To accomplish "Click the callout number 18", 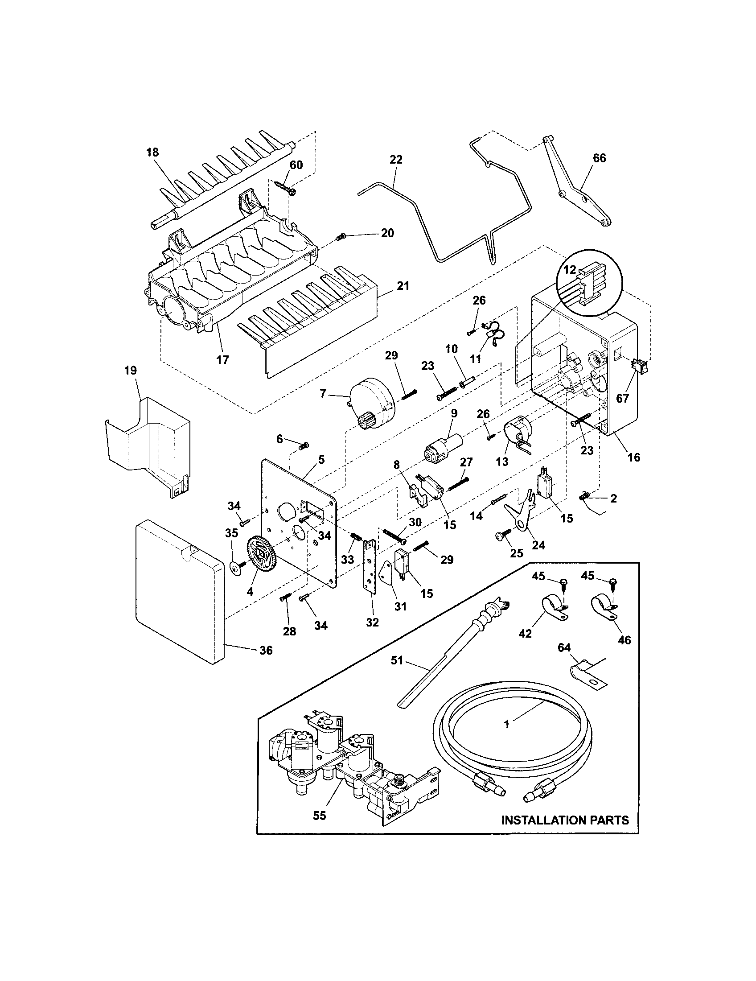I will click(152, 152).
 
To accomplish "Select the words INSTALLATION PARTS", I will click(565, 820).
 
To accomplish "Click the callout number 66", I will click(600, 158).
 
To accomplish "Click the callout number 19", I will click(131, 371).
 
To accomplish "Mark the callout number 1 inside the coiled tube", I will click(507, 724).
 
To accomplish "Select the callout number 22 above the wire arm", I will click(396, 160).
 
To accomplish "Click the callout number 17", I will click(223, 359).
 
